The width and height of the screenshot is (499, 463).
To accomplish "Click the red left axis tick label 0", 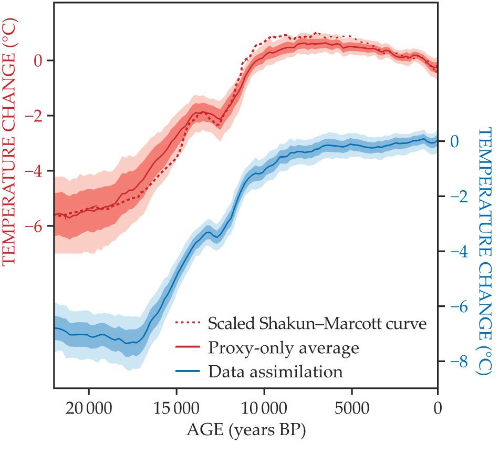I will click(x=38, y=60).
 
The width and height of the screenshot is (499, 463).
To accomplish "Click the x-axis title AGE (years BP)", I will click(x=246, y=431).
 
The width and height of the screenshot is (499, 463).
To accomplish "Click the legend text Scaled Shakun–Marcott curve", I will click(x=317, y=323).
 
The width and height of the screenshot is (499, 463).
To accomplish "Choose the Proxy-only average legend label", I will click(x=284, y=347).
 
